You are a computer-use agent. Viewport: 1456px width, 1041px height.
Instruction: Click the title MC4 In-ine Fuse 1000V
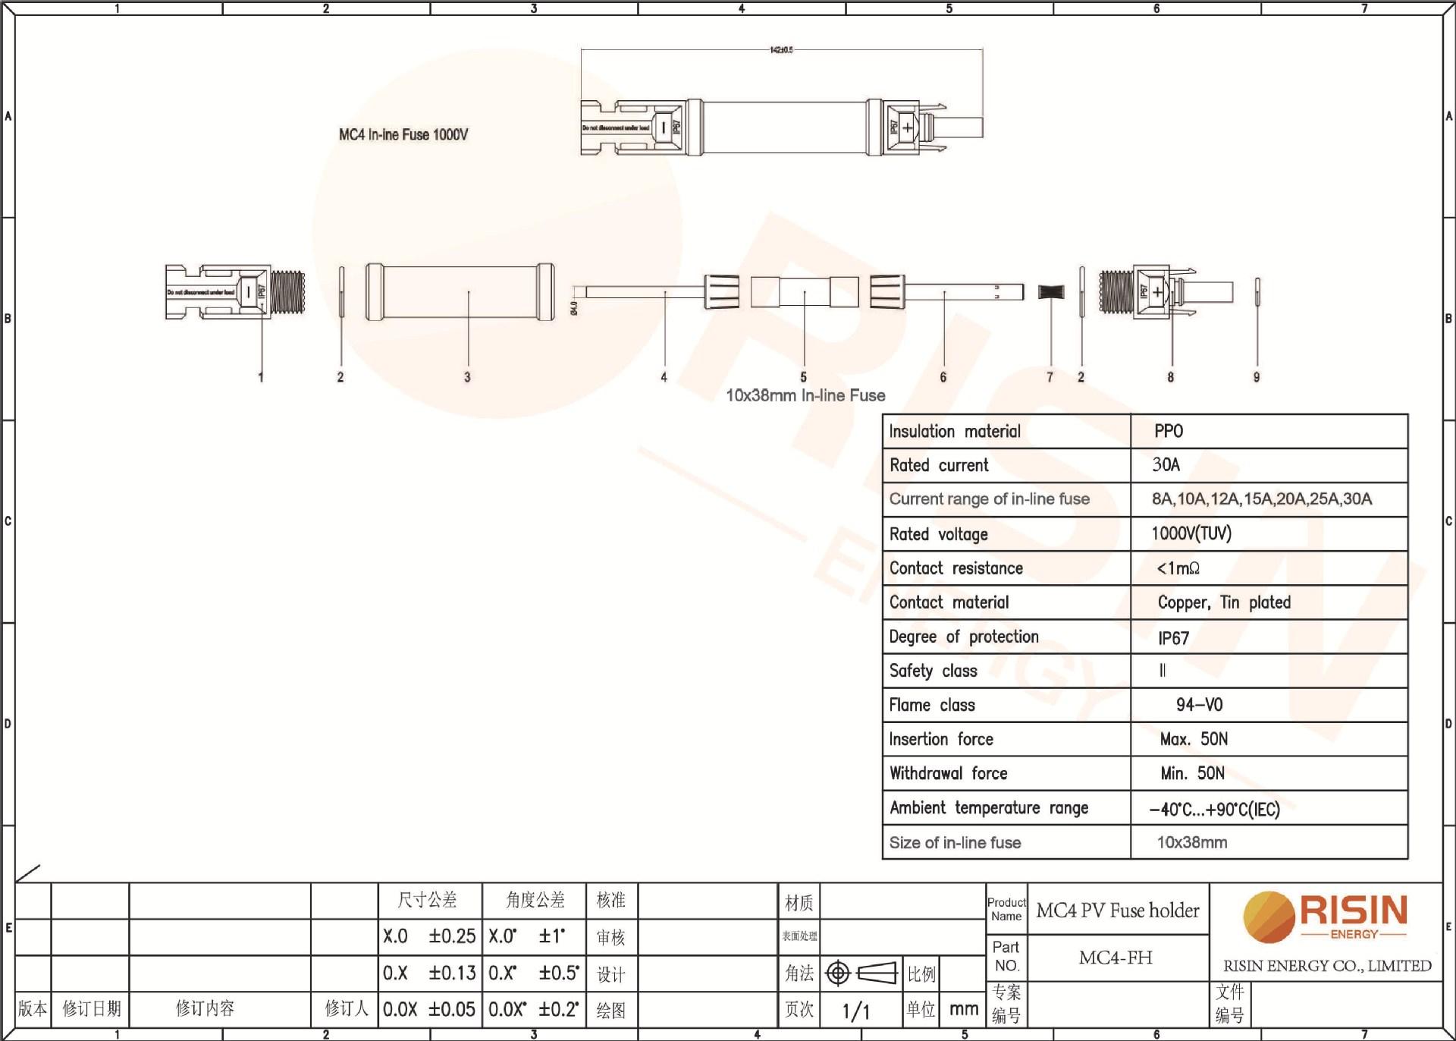click(403, 135)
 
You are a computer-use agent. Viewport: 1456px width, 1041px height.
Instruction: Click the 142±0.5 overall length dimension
click(781, 50)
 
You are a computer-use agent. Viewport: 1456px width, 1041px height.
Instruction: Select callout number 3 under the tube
click(467, 377)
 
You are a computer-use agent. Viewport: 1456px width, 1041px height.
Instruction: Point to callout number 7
click(1050, 377)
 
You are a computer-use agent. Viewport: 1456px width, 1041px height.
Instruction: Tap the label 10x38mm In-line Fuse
click(805, 395)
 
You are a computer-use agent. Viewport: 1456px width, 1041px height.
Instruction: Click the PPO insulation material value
click(1169, 431)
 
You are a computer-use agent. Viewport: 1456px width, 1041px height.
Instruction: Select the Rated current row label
click(939, 465)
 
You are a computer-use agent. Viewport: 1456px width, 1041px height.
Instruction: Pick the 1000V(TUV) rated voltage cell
click(1191, 533)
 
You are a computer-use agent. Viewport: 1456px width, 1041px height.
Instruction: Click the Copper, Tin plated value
click(1224, 602)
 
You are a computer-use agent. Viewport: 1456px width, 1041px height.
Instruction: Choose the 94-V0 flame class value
click(1199, 705)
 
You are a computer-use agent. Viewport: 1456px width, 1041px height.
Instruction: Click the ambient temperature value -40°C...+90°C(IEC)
click(1214, 809)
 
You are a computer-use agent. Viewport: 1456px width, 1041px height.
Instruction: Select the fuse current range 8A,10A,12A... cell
click(1262, 499)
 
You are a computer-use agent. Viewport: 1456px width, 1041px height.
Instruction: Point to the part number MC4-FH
click(1116, 958)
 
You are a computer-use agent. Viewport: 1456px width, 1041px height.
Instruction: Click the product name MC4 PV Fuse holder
click(1118, 910)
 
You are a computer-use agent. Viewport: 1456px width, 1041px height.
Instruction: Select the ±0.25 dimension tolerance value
click(452, 936)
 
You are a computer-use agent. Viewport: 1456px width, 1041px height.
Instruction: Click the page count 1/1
click(856, 1011)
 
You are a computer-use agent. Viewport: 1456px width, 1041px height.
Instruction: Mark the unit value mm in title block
click(963, 1009)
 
